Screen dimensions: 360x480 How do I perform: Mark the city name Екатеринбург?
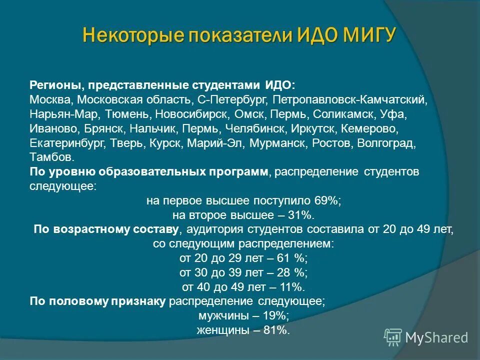coord(66,143)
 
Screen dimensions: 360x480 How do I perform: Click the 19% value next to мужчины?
coord(275,316)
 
